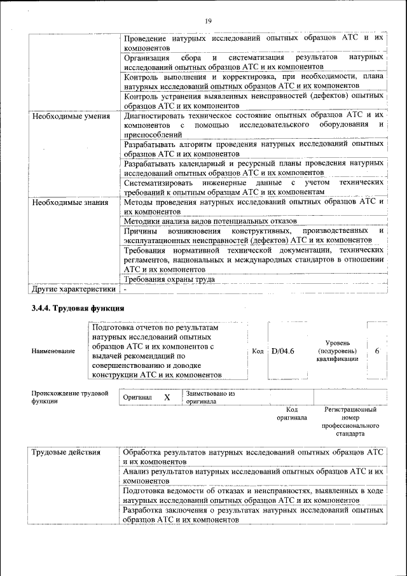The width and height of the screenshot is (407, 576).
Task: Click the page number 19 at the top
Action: [x=207, y=22]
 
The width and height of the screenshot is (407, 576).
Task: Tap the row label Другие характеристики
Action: [x=74, y=289]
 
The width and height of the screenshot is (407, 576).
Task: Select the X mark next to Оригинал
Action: [x=167, y=397]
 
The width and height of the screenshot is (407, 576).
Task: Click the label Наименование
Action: [x=53, y=351]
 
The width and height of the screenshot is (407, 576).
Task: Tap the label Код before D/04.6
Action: [x=258, y=351]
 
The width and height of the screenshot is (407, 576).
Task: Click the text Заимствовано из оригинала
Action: [x=210, y=398]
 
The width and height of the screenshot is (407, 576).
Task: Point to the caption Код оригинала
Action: [x=292, y=414]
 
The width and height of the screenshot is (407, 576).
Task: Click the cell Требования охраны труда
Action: [x=169, y=279]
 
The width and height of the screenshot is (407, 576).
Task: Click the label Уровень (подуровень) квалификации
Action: [x=337, y=351]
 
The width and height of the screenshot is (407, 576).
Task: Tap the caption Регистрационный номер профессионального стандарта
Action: [x=350, y=421]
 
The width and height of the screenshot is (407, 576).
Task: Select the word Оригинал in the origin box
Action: [x=137, y=398]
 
